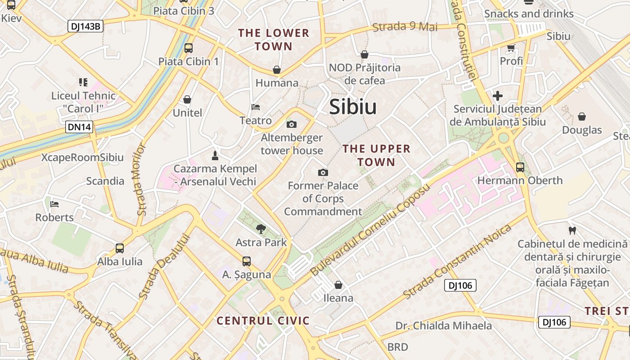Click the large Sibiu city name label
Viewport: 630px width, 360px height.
pyautogui.click(x=353, y=107)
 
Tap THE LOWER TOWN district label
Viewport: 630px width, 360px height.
pyautogui.click(x=274, y=40)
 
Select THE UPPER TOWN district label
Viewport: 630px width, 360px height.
pyautogui.click(x=377, y=155)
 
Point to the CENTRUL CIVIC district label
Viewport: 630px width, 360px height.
pyautogui.click(x=263, y=321)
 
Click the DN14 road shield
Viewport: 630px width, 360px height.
pyautogui.click(x=80, y=127)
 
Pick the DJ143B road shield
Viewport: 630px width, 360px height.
pyautogui.click(x=85, y=26)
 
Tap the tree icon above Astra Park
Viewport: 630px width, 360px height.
pyautogui.click(x=261, y=229)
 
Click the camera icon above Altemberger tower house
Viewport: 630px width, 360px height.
pyautogui.click(x=292, y=124)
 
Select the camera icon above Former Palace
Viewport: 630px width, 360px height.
pyautogui.click(x=323, y=172)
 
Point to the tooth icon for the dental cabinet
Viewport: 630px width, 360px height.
pyautogui.click(x=572, y=231)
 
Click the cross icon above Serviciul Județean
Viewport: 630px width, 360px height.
pyautogui.click(x=498, y=95)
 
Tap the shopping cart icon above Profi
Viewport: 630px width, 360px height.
pyautogui.click(x=511, y=47)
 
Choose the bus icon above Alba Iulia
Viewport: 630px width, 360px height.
pyautogui.click(x=120, y=248)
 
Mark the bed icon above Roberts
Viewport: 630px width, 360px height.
pyautogui.click(x=54, y=204)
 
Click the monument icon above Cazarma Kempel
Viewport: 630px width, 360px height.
pyautogui.click(x=215, y=156)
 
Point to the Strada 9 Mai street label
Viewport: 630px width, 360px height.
pyautogui.click(x=405, y=27)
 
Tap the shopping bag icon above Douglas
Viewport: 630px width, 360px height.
pyautogui.click(x=582, y=117)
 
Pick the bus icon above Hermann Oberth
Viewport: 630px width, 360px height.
pyautogui.click(x=520, y=167)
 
